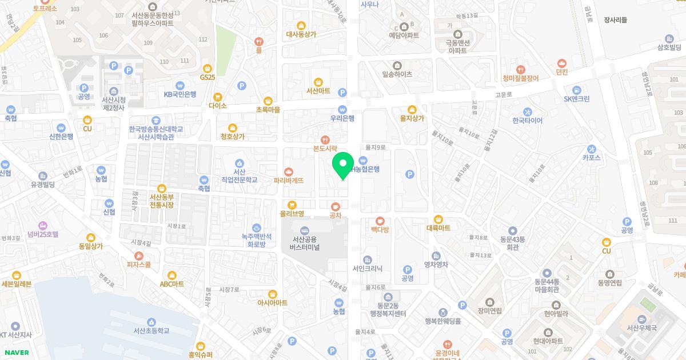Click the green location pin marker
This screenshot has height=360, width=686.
click(343, 165)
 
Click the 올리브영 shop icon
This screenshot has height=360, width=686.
click(292, 205)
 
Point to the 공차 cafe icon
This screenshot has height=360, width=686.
click(336, 206)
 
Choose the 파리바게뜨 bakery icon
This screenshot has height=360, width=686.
click(288, 171)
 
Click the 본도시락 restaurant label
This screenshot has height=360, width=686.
click(325, 148)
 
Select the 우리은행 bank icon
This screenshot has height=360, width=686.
click(342, 109)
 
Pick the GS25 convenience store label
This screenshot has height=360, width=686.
click(208, 77)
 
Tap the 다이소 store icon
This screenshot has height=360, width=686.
click(218, 97)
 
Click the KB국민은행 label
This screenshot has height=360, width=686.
click(180, 94)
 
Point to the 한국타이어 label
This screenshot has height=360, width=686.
click(527, 121)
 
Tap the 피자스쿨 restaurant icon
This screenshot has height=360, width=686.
click(139, 255)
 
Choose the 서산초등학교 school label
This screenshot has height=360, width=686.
click(151, 330)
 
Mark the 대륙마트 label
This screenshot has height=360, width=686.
click(438, 228)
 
